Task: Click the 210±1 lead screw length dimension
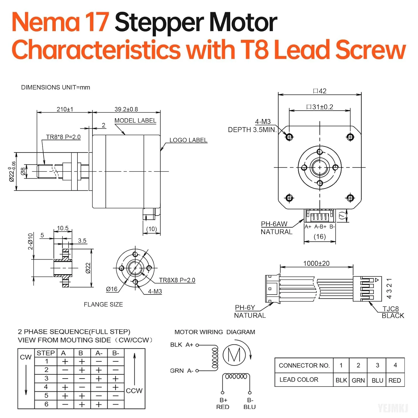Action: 65,109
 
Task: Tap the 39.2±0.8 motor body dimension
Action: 126,109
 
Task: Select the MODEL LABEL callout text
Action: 135,121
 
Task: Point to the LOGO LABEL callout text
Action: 188,140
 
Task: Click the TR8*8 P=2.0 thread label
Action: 63,137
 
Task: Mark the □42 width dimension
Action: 320,91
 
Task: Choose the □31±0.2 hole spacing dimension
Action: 320,107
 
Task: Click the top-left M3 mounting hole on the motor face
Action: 289,137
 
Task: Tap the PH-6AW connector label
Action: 274,224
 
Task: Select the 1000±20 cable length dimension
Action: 316,264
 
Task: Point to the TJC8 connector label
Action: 390,309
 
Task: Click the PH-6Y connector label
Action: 245,308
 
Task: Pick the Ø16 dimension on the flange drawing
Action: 112,289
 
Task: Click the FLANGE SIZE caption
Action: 103,305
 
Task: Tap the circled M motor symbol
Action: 234,355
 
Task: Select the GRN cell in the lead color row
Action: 358,380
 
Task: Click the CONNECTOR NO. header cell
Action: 304,365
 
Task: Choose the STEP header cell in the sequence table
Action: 46,353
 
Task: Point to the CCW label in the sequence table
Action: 134,391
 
